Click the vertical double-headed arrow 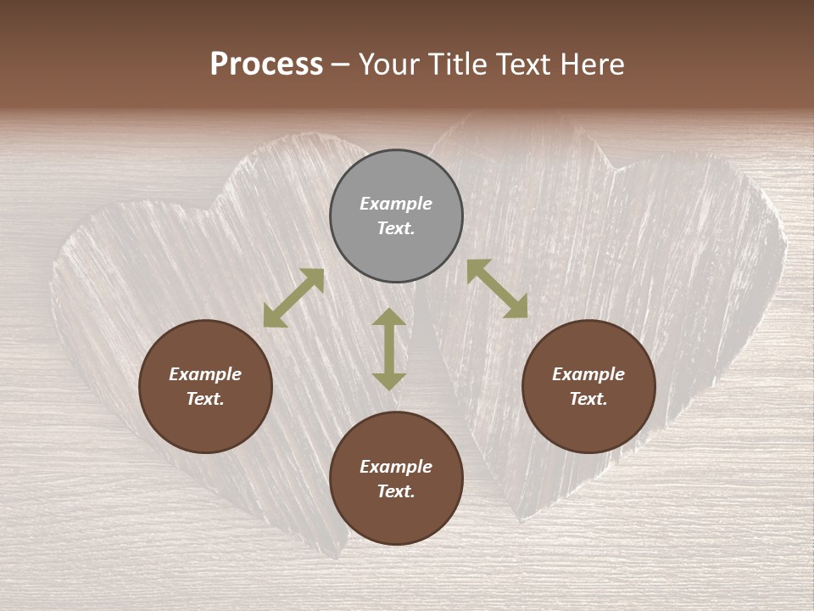point(389,349)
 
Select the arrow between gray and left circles point(293,298)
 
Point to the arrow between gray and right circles point(497,289)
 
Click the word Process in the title point(266,64)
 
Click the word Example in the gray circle point(396,204)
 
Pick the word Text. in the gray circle point(396,228)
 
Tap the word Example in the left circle point(205,374)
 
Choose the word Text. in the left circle point(205,399)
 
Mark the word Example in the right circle point(588,374)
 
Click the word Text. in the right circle point(588,399)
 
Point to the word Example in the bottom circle point(396,467)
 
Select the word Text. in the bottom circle point(396,491)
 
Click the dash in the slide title point(341,64)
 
